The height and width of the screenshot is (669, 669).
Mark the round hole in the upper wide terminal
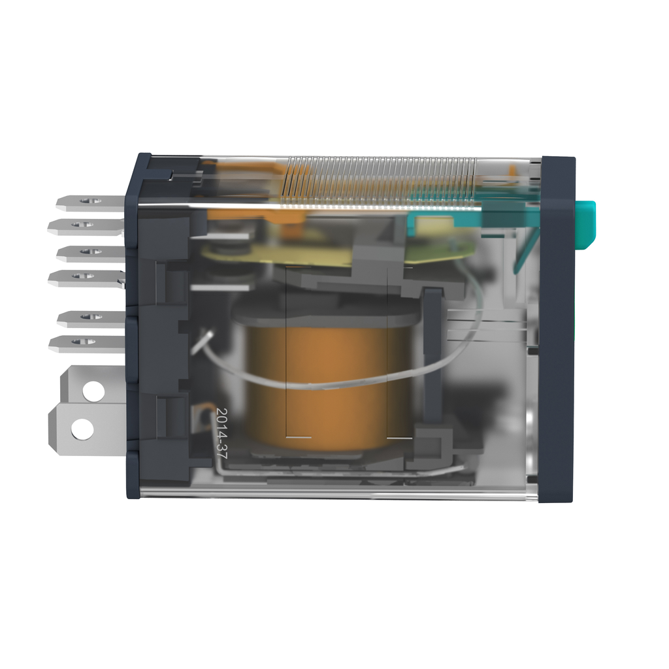click(x=93, y=391)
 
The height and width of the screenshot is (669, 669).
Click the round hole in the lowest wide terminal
click(x=82, y=429)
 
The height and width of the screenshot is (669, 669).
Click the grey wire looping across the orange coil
click(x=327, y=385)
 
